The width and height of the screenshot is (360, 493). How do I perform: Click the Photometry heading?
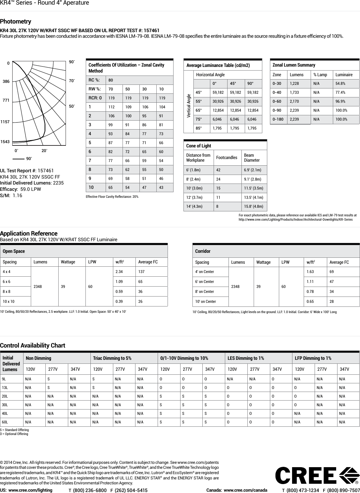coord(16,22)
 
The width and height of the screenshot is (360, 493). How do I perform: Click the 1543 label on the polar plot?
coord(5,141)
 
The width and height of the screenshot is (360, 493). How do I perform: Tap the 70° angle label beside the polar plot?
coord(72,81)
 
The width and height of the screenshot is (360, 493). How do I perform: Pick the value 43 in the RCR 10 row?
coord(161,188)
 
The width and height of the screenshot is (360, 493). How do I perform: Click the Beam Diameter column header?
coord(252,158)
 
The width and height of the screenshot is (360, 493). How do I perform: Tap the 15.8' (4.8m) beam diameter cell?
coord(253,206)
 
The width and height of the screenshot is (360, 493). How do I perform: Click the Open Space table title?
coord(14,251)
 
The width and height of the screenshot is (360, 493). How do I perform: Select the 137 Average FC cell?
coord(141,272)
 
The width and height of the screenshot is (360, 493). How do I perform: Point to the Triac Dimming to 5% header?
coord(112,358)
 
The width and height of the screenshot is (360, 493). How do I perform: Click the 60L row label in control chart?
coord(5,422)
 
